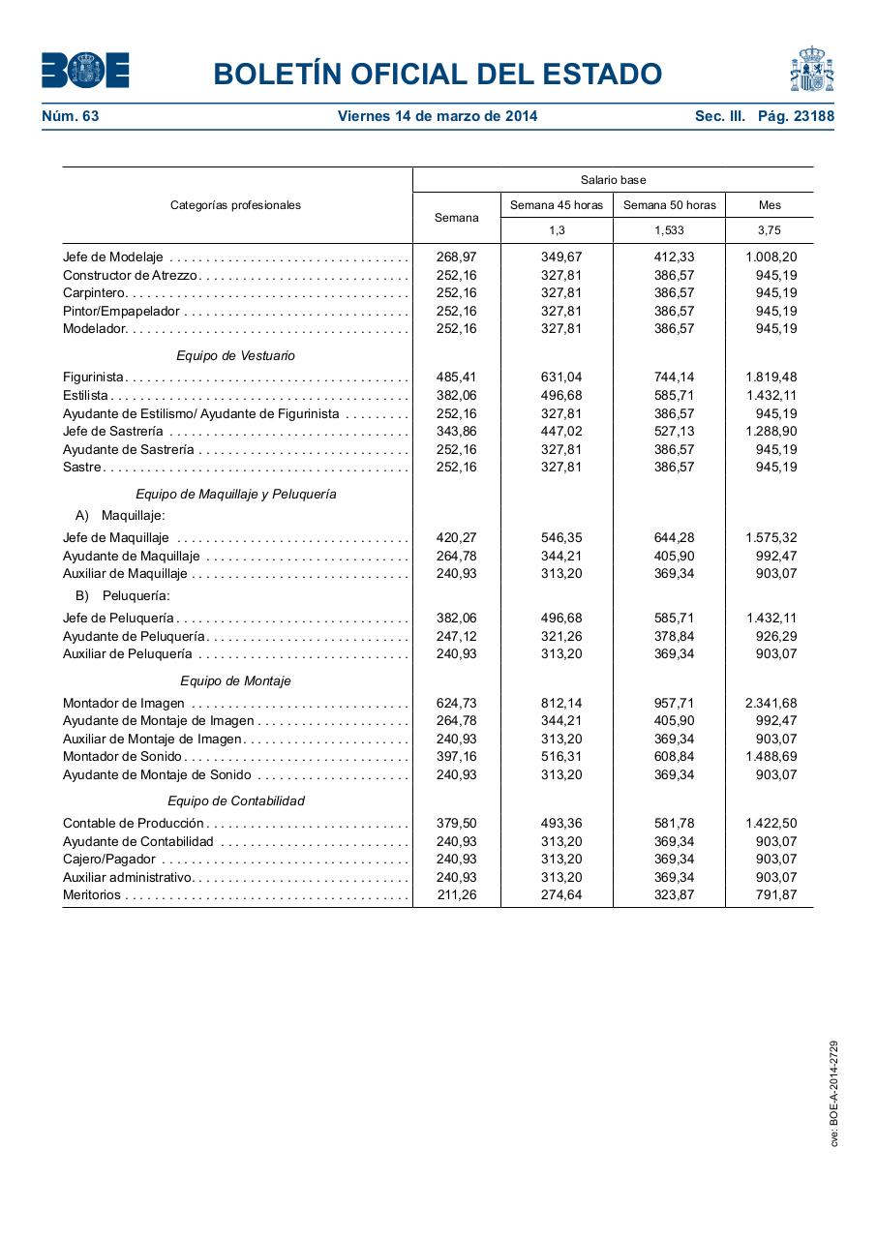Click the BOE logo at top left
click(85, 71)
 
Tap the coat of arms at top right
click(811, 70)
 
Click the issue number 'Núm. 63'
click(71, 116)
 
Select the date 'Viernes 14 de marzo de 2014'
click(438, 116)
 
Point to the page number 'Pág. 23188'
click(796, 116)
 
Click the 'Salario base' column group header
click(613, 180)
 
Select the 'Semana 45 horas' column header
click(557, 205)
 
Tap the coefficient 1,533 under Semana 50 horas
click(669, 230)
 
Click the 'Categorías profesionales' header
click(235, 205)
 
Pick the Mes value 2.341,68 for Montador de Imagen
click(771, 703)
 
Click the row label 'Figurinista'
click(93, 377)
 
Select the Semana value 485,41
click(456, 377)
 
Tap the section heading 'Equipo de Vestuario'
click(235, 355)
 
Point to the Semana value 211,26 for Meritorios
click(456, 894)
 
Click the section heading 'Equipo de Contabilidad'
click(235, 801)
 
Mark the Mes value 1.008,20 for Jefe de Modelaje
click(771, 257)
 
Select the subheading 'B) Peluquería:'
click(122, 595)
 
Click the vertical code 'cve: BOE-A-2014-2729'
click(834, 1094)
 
